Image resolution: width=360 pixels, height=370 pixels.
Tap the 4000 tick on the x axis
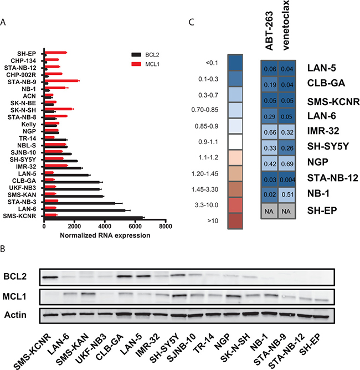[x=104, y=227]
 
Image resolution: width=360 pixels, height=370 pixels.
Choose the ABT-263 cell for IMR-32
[x=270, y=132]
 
